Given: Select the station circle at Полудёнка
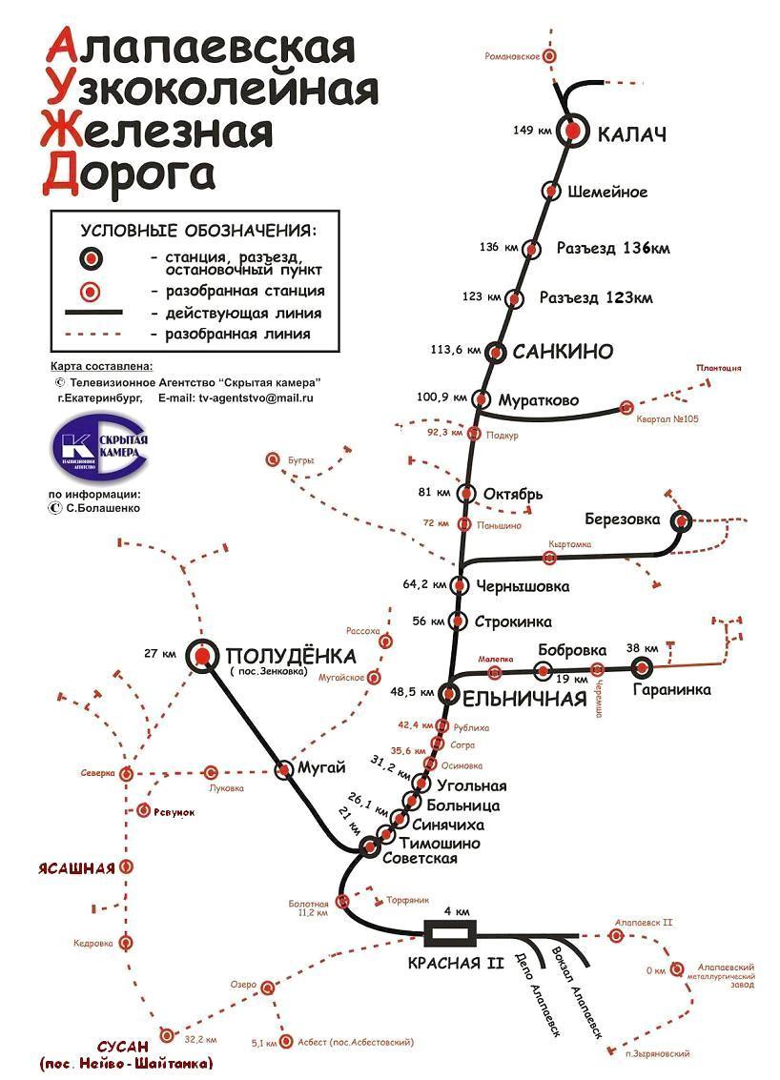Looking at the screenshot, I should [201, 655].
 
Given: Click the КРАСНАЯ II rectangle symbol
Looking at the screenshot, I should [450, 931].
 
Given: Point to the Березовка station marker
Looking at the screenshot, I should [681, 520].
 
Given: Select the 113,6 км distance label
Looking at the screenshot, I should [454, 350].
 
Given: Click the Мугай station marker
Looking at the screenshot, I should [284, 770].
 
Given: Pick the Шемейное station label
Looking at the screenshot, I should [607, 192].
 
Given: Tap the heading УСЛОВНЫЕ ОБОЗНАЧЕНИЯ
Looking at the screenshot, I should [197, 231].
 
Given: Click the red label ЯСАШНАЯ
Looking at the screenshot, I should [76, 867].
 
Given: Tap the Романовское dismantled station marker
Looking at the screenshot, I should [548, 56].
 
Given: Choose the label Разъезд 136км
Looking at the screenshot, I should [613, 248].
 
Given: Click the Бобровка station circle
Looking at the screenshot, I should [544, 671].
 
